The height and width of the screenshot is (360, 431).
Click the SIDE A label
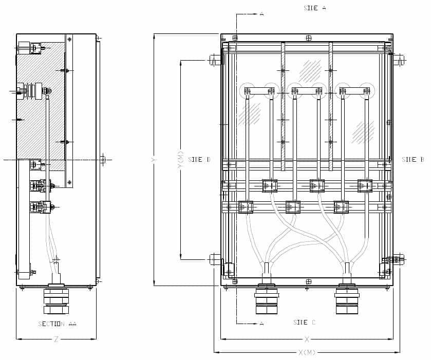coord(314,8)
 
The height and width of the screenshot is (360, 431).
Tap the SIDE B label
coord(413,160)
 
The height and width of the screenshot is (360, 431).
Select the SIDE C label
coord(304,323)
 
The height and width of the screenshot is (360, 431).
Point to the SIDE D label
coord(199,160)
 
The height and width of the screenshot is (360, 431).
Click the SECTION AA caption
coord(57,324)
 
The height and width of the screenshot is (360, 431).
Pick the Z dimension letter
coord(57,339)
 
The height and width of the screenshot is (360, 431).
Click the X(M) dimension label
coord(307,352)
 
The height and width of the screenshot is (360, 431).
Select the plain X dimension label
coord(307,339)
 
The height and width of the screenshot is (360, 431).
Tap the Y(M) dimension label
coord(180,160)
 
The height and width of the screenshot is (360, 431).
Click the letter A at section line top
coord(261,14)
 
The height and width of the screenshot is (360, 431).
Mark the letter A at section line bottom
coord(261,323)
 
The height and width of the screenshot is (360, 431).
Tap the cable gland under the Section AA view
coord(56,300)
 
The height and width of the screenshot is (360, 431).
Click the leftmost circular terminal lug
coord(247,91)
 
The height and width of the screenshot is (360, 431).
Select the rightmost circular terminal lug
coord(367,91)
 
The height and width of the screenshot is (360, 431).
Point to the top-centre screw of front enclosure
coord(308,38)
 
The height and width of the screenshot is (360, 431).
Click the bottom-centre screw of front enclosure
coord(308,281)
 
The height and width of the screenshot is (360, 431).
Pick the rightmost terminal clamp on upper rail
coord(365,185)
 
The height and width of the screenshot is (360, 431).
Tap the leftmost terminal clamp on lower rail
coord(246,207)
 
